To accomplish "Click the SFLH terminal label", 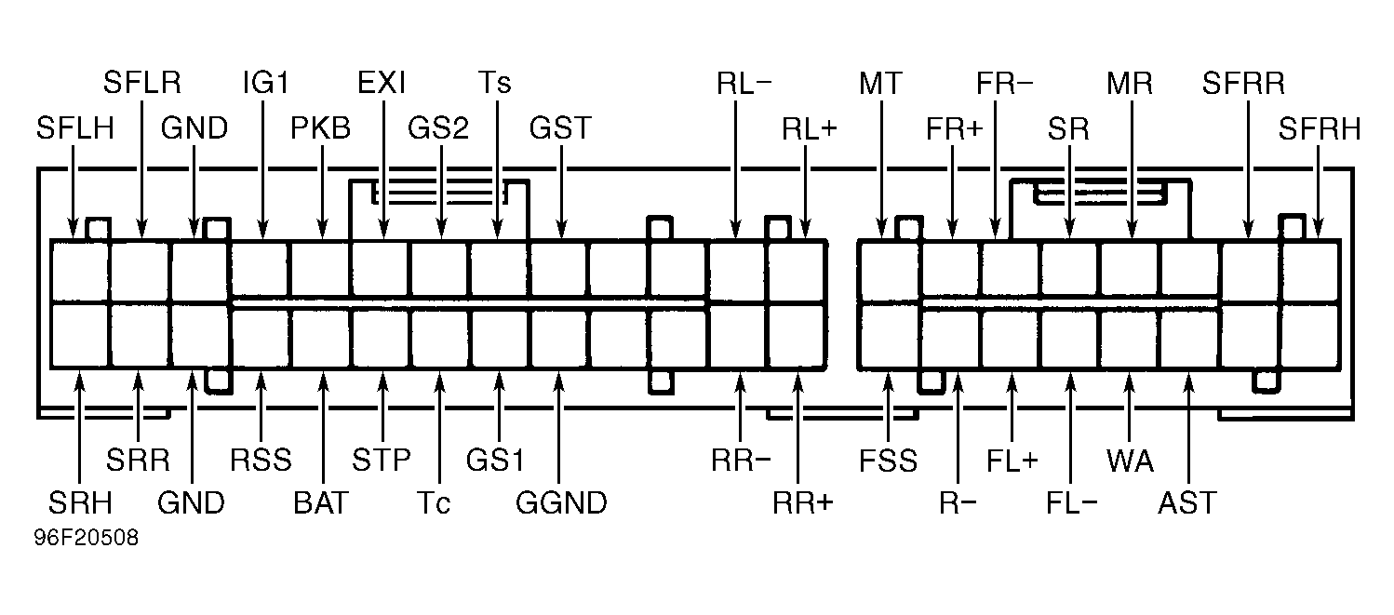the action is point(75,128).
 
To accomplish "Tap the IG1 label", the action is point(266,82).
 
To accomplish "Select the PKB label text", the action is point(320,128).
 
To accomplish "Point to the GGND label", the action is point(561,502).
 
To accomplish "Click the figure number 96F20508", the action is point(87,538).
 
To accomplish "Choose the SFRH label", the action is point(1320,128).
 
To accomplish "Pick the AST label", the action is point(1186,502).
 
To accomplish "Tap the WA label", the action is point(1130,461).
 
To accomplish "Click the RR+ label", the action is point(802,502).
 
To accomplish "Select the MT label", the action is point(880,83).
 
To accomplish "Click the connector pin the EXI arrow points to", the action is point(381,268).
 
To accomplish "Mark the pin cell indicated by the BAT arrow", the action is point(320,340).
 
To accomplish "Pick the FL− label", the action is point(1071,502).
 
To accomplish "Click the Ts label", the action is point(495,82).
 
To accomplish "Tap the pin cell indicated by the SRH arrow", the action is point(79,336).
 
